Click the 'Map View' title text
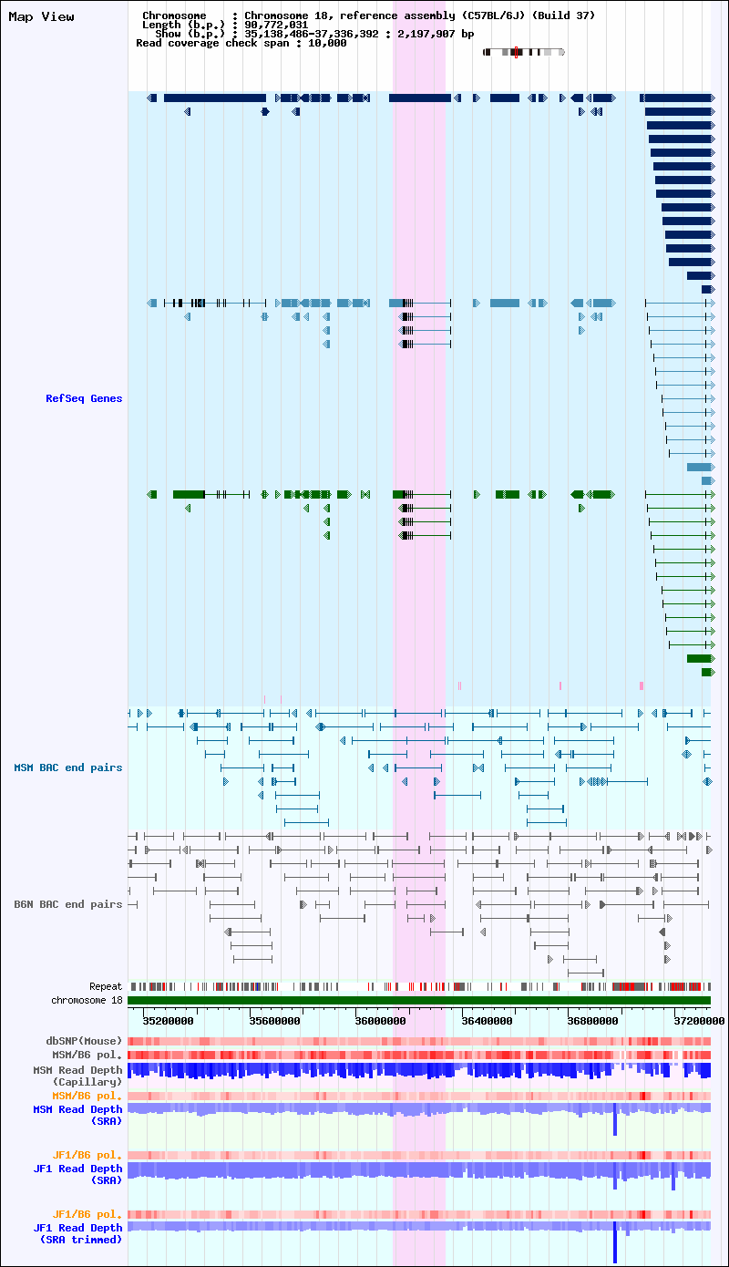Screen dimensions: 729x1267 click(x=41, y=17)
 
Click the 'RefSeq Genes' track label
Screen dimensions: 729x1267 click(x=84, y=398)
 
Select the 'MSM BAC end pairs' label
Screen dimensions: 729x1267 click(x=67, y=767)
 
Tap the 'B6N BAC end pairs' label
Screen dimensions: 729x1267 click(x=67, y=904)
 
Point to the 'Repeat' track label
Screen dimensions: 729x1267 click(x=106, y=986)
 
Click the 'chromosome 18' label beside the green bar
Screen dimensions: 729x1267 click(x=87, y=1000)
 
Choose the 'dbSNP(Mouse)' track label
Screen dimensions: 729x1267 click(x=84, y=1041)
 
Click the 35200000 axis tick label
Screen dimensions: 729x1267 click(x=168, y=1021)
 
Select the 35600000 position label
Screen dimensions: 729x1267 click(x=275, y=1021)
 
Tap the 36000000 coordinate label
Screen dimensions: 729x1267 click(x=381, y=1021)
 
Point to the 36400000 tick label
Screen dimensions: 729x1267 click(x=487, y=1021)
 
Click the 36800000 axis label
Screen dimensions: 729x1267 click(x=592, y=1021)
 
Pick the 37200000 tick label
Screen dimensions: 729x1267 click(x=699, y=1021)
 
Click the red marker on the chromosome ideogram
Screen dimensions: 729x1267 click(x=516, y=53)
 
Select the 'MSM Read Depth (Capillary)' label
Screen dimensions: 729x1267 click(x=77, y=1076)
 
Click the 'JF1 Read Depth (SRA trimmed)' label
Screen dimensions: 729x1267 click(x=77, y=1233)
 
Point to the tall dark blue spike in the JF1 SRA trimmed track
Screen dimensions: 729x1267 click(x=615, y=1241)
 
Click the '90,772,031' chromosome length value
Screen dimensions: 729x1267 click(x=276, y=25)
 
